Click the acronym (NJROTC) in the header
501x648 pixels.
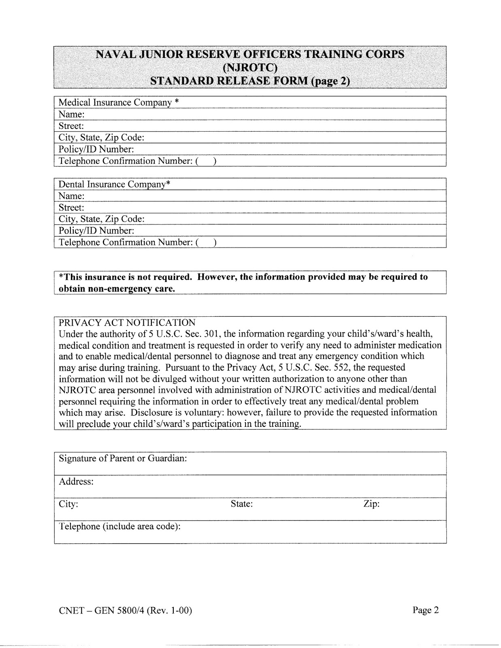click(x=250, y=67)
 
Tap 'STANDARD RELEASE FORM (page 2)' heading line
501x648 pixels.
click(x=250, y=81)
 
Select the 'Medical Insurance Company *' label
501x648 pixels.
click(x=119, y=102)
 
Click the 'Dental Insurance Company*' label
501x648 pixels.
click(x=114, y=184)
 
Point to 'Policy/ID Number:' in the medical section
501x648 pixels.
click(x=96, y=149)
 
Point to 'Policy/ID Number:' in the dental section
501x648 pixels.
click(x=96, y=231)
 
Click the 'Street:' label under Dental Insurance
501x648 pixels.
click(x=71, y=208)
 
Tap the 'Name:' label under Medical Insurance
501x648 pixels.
click(x=71, y=114)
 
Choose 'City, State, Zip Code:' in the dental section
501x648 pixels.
click(x=101, y=219)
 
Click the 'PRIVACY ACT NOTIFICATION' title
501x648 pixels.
click(x=127, y=323)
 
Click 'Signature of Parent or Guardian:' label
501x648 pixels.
click(x=123, y=458)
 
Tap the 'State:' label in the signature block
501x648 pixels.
click(x=242, y=504)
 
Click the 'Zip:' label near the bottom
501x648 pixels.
click(x=371, y=504)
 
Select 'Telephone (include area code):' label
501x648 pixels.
click(x=119, y=527)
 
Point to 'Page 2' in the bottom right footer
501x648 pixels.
click(x=426, y=610)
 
